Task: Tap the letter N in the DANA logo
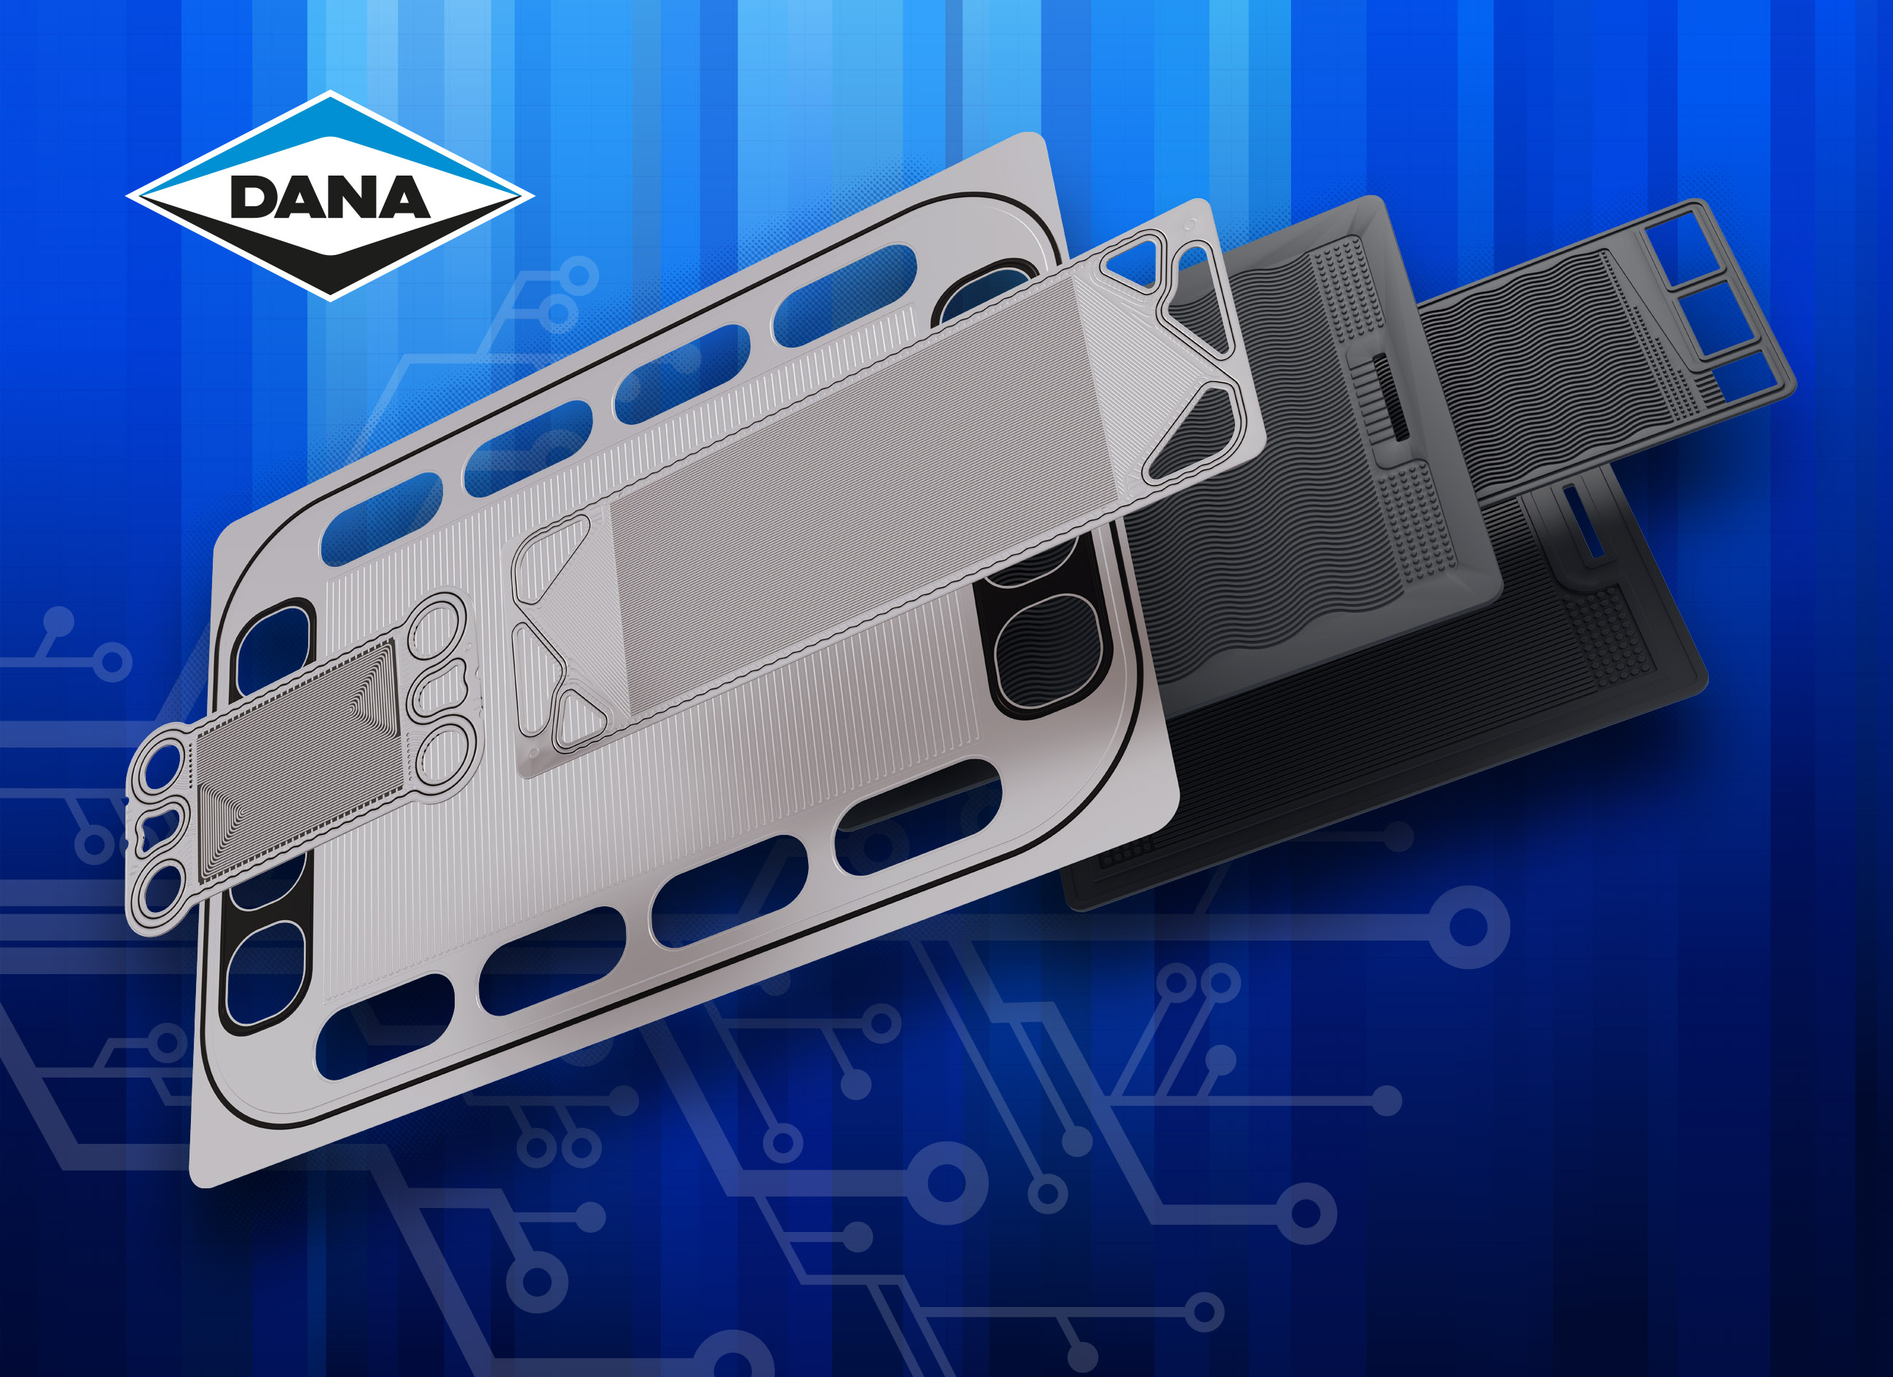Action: (x=352, y=197)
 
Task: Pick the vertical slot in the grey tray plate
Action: (x=1390, y=396)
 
